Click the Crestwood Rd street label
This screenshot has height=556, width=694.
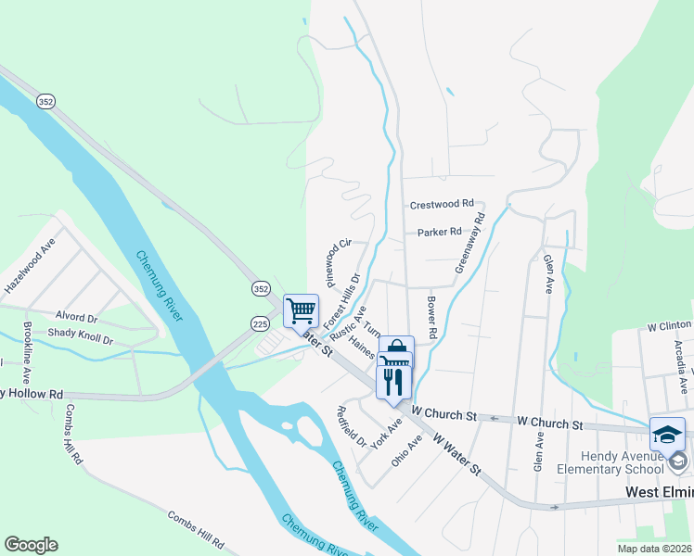(x=442, y=203)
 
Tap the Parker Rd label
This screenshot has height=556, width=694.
(x=439, y=232)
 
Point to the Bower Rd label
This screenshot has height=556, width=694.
(x=431, y=316)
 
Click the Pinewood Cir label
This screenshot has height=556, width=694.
(x=337, y=261)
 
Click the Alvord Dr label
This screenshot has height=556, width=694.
(x=76, y=315)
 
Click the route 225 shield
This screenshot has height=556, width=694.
(x=259, y=322)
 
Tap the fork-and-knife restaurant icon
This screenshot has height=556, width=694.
(x=392, y=381)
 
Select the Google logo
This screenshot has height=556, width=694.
(x=31, y=545)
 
